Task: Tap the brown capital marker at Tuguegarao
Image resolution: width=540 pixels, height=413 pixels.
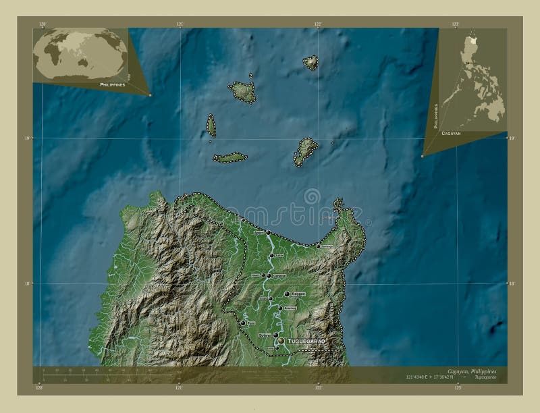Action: coord(281,341)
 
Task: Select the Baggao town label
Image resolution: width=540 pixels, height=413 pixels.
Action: coord(298,294)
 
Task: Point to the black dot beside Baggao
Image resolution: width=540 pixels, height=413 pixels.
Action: coord(287,295)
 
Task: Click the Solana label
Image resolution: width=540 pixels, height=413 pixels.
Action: coord(265,335)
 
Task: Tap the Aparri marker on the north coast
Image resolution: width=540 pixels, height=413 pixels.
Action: coord(268,233)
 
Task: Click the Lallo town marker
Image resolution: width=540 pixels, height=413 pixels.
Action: coord(271,255)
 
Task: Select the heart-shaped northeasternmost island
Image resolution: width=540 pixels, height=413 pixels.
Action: coord(310,63)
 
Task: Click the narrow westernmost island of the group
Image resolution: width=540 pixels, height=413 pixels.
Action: coord(211,126)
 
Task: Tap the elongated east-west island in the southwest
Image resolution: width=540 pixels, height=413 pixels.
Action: coord(230,157)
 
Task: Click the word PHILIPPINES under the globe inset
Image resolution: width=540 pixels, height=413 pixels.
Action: coord(112,85)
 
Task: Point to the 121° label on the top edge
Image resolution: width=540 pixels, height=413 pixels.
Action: coord(180,24)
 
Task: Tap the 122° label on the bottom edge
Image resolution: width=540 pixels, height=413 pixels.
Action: coord(318,388)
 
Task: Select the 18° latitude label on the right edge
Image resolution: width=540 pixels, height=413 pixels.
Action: coord(512,283)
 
